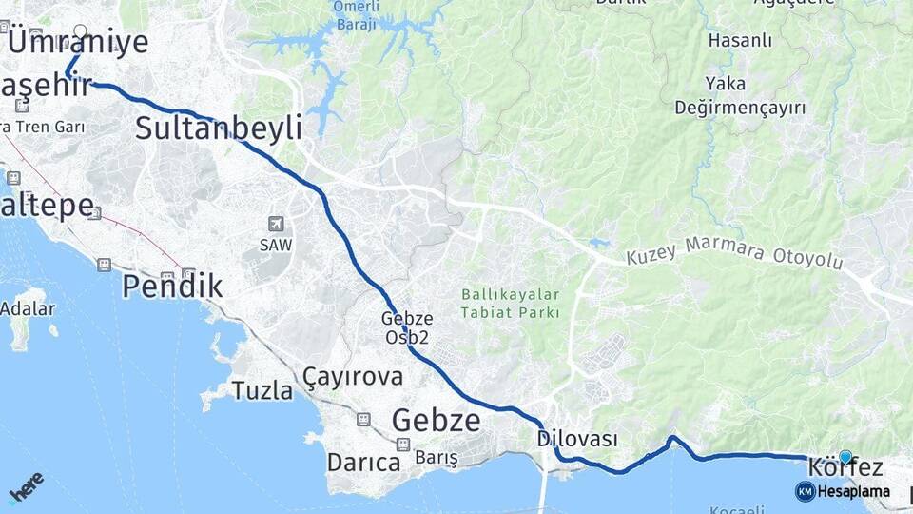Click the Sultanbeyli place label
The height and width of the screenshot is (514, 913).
point(218,128)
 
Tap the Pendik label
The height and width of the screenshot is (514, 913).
point(172,286)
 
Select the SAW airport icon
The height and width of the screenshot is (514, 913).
point(276,225)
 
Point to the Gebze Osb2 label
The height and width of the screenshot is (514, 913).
point(408,328)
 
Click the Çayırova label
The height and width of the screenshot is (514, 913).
point(353,377)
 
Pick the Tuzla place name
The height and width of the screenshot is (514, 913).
point(262,390)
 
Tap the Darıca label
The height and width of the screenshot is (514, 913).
point(363,463)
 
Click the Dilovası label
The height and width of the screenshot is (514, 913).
point(577,439)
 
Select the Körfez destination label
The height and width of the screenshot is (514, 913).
point(845,467)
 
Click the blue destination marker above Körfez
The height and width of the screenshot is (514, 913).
point(845,456)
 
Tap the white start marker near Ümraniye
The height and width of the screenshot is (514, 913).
point(80,31)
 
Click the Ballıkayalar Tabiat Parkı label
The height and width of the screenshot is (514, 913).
point(511,304)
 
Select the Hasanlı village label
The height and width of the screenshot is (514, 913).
point(740,41)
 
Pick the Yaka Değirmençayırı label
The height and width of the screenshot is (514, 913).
point(740,95)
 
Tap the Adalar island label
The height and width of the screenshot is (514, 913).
point(28,308)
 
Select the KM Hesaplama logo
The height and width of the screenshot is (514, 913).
point(843,491)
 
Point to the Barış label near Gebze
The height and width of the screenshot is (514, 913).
point(437,458)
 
